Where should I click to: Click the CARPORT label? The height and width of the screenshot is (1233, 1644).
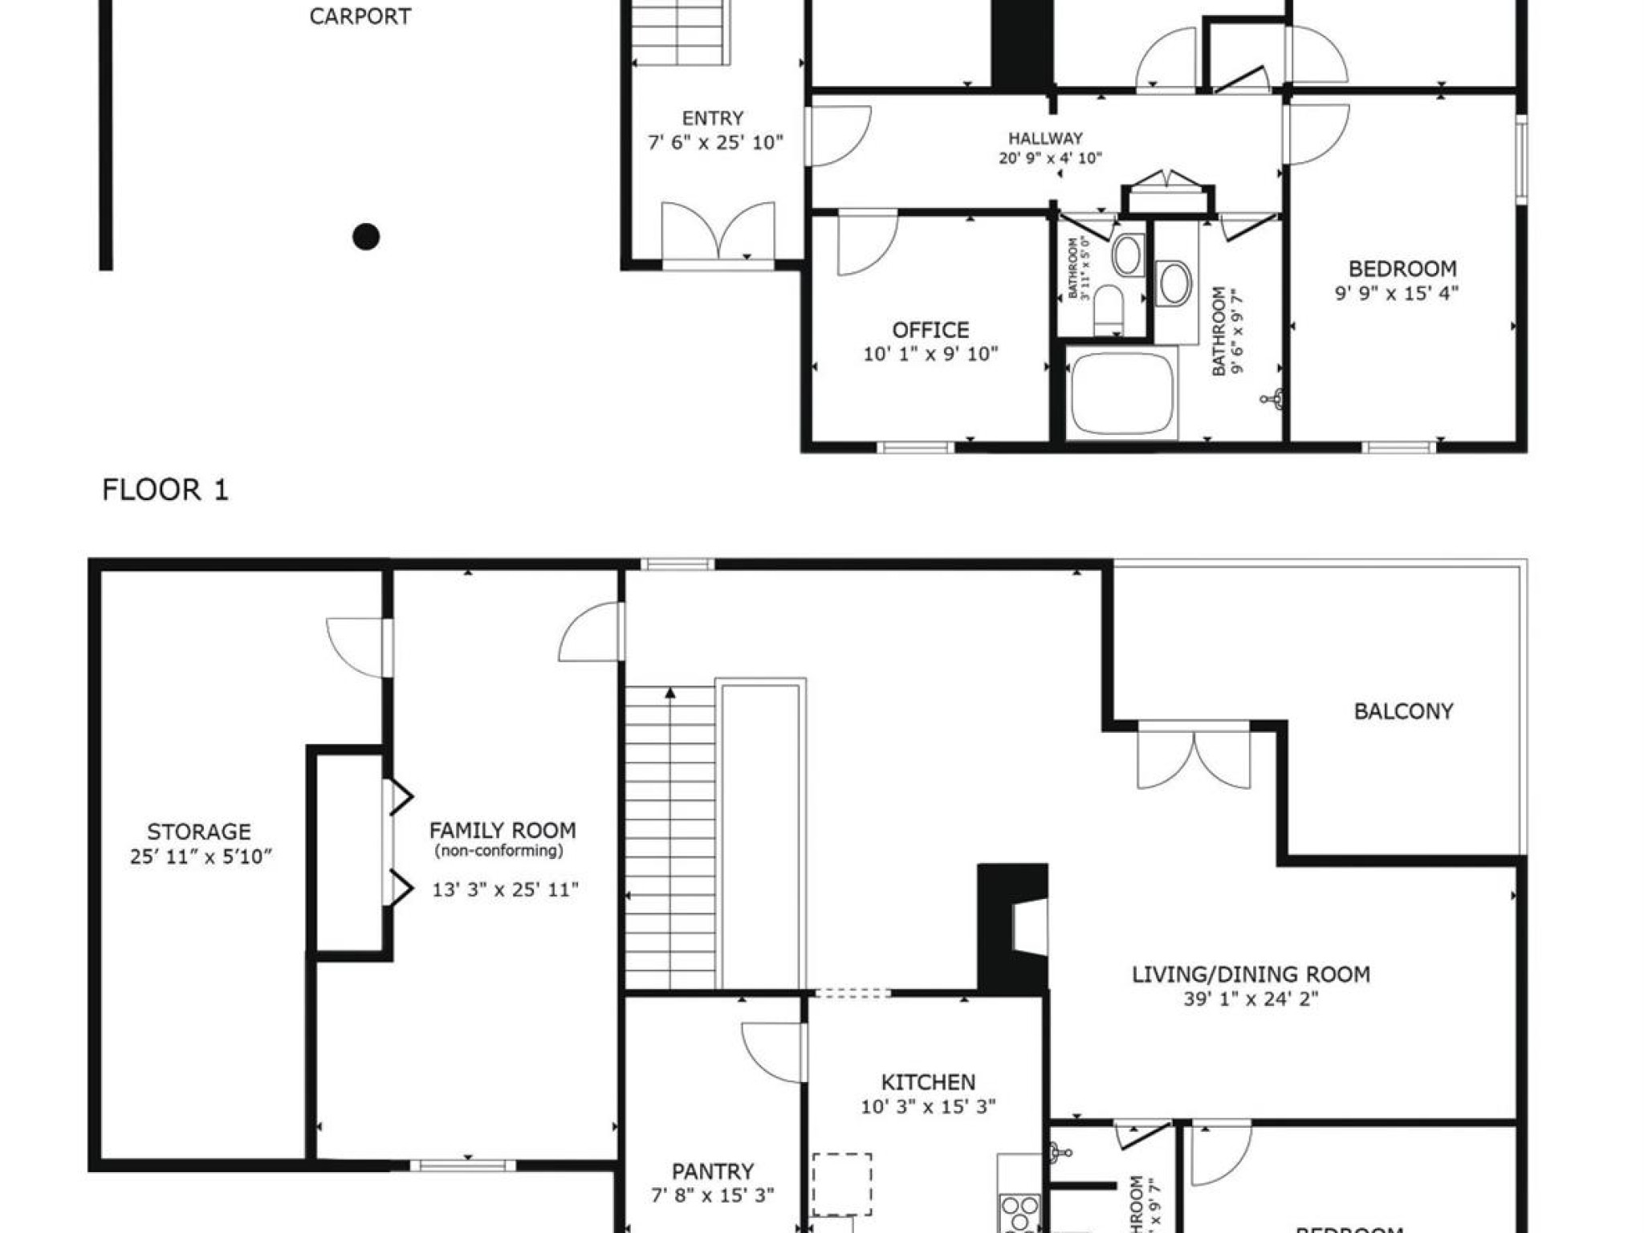[360, 17]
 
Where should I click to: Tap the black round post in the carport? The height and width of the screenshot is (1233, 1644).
[366, 237]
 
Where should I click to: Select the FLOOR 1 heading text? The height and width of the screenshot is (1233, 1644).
[165, 490]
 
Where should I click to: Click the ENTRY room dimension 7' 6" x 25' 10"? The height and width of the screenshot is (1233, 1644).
[715, 143]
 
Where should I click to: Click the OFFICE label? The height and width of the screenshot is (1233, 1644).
[930, 330]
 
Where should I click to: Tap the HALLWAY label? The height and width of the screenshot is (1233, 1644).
[1045, 138]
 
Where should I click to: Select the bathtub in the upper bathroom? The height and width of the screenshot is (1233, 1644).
[1122, 393]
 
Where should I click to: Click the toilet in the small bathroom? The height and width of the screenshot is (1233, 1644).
[1110, 309]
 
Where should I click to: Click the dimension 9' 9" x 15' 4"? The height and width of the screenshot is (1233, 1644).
[1397, 293]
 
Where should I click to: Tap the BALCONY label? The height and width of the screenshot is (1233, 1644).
[1403, 711]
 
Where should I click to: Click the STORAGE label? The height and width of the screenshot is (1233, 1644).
[199, 832]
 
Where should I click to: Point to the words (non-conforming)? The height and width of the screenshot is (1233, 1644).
[498, 851]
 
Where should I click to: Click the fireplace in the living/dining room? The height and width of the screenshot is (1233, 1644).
[1013, 927]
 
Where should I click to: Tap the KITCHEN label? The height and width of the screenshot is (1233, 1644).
[928, 1082]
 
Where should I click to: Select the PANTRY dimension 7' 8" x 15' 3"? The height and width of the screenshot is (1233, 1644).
[713, 1195]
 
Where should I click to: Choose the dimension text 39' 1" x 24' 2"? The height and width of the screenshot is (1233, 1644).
[1251, 999]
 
